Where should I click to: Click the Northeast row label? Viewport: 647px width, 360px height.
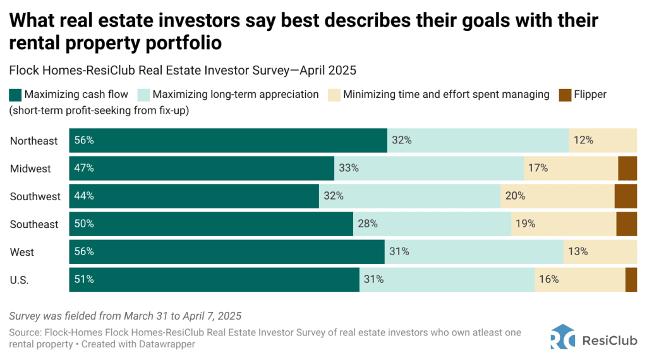tap(33, 141)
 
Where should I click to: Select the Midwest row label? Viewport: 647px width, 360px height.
tap(30, 169)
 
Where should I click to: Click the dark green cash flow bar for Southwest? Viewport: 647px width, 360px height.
tap(194, 196)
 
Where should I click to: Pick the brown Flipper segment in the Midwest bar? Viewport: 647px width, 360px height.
tap(627, 169)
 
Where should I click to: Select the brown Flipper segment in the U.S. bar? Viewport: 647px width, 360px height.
tap(631, 280)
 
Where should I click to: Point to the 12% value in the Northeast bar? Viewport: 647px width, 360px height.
tap(583, 141)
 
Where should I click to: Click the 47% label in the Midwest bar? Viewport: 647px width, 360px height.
tap(84, 169)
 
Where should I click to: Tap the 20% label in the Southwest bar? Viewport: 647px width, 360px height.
tap(515, 196)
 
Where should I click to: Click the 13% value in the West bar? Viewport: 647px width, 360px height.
tap(577, 252)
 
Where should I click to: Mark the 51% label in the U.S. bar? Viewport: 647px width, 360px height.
tap(84, 280)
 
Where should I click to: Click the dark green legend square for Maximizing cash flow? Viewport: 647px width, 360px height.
tap(15, 95)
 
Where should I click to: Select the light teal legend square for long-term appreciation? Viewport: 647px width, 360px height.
tap(143, 95)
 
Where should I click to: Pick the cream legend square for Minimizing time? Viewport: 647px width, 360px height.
tap(334, 95)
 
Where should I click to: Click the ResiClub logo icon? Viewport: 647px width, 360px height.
tap(563, 337)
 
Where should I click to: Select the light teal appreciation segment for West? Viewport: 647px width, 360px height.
tap(474, 252)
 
